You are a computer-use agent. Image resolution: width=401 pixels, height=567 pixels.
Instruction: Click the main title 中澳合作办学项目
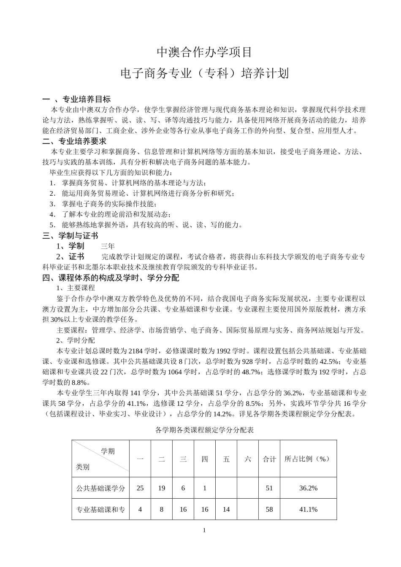205,52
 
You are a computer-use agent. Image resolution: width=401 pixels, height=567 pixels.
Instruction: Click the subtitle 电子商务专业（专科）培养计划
205,73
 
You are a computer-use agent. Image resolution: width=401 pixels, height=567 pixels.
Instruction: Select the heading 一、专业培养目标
77,99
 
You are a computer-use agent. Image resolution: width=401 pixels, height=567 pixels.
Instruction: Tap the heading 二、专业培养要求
75,141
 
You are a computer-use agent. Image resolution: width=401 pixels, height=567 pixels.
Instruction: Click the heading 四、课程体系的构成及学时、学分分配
111,278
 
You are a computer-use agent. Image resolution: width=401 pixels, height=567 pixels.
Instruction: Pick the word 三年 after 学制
108,246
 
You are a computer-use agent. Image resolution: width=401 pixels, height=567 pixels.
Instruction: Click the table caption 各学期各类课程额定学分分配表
204,430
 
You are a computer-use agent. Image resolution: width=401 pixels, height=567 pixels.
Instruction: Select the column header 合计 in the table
269,459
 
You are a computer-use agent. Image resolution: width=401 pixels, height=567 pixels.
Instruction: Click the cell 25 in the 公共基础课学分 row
140,488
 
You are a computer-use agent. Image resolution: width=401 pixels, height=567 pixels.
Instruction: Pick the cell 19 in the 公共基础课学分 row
162,488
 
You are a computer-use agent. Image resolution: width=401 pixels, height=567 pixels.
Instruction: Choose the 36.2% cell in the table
308,488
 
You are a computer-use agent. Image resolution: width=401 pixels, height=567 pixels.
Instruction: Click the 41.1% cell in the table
308,509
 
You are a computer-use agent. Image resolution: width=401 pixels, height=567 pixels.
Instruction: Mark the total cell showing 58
269,509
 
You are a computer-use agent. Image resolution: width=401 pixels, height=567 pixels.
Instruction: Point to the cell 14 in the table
226,509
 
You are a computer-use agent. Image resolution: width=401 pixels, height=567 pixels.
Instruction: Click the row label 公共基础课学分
100,488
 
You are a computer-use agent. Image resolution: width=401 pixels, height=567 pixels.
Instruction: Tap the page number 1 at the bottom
204,530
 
